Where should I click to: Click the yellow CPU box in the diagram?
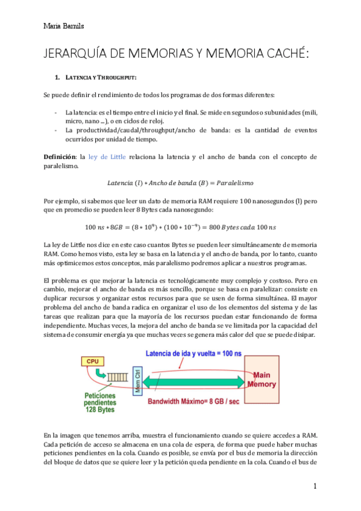click(x=93, y=362)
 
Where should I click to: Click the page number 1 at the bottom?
click(x=315, y=486)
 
